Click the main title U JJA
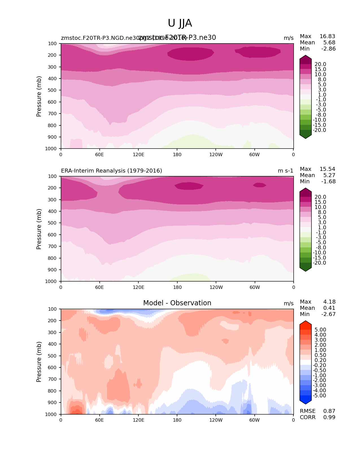coord(180,23)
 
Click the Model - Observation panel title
coord(177,303)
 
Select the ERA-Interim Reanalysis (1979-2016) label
coord(112,171)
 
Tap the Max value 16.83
coord(327,36)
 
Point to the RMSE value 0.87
coord(329,411)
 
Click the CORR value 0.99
coord(329,417)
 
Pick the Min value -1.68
coord(328,182)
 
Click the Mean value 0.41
coord(329,308)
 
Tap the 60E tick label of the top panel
coord(99,154)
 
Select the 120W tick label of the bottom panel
coord(216,420)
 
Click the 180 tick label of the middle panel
coord(177,288)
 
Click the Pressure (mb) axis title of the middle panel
coord(39,229)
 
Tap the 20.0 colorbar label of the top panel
coord(320,64)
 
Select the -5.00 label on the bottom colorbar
coord(319,396)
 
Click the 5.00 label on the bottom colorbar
coord(320,330)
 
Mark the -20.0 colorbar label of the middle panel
coord(319,263)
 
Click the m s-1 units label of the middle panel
coord(285,171)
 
